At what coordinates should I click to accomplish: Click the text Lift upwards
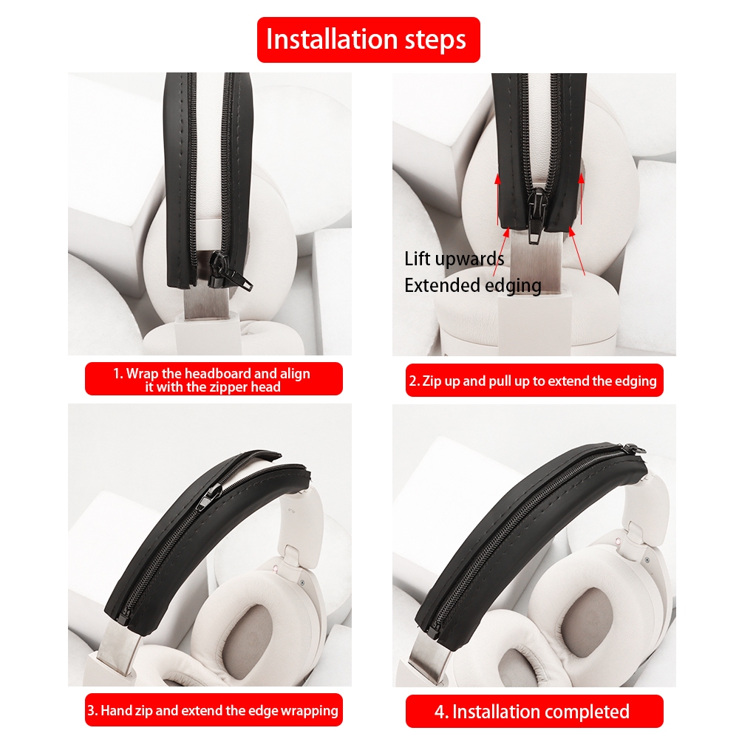pyautogui.click(x=454, y=259)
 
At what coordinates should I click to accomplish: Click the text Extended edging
pyautogui.click(x=473, y=285)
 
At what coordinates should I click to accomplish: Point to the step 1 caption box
pyautogui.click(x=214, y=379)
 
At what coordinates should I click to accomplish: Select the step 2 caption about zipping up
pyautogui.click(x=534, y=381)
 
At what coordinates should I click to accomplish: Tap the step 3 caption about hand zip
pyautogui.click(x=214, y=709)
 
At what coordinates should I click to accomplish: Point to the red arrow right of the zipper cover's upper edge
pyautogui.click(x=581, y=199)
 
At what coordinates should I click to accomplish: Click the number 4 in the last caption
pyautogui.click(x=440, y=712)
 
